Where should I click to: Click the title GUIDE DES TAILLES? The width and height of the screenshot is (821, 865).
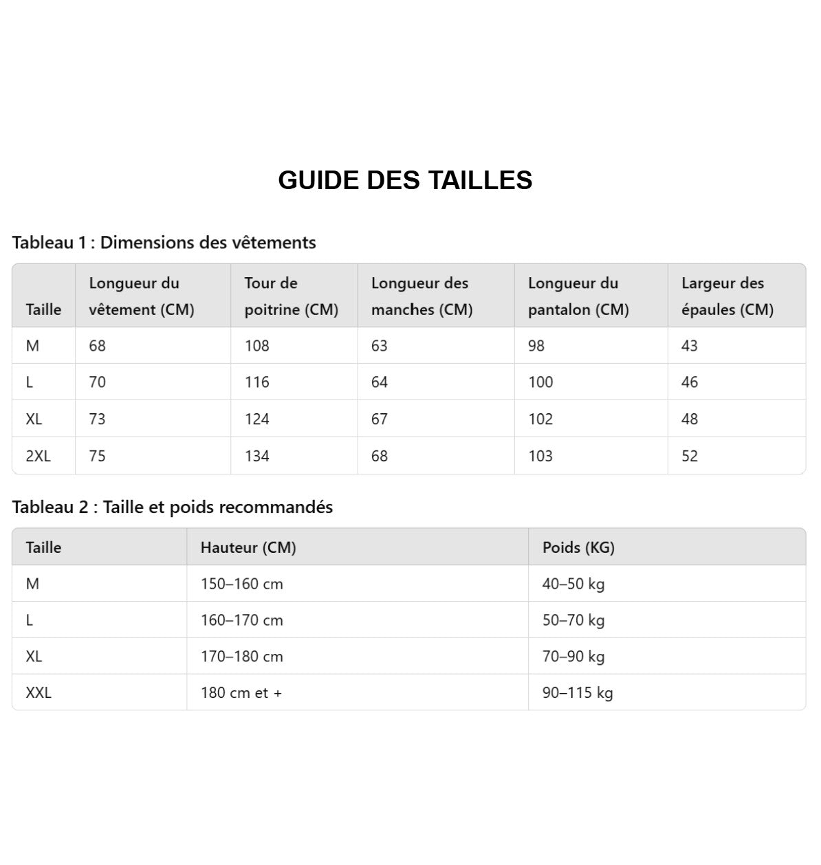[x=405, y=180]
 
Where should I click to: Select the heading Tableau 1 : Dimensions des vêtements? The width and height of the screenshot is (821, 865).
[x=164, y=243]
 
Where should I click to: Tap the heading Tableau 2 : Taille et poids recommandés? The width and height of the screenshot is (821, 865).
[x=172, y=507]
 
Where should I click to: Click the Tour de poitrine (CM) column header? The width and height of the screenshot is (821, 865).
[x=292, y=296]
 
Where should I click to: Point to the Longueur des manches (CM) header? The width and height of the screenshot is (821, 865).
[x=422, y=296]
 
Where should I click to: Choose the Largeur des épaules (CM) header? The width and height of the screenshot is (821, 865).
[x=727, y=296]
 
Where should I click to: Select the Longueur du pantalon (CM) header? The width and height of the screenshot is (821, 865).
[x=578, y=296]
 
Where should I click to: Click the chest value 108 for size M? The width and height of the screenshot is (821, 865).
[x=257, y=346]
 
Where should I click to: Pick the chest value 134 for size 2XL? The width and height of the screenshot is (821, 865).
[x=257, y=456]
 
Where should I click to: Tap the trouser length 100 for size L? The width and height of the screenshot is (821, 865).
[x=540, y=382]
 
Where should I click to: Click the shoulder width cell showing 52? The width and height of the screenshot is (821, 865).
[x=690, y=456]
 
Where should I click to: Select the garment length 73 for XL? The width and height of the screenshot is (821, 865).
[x=98, y=419]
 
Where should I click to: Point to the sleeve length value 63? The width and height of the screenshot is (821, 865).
[x=380, y=346]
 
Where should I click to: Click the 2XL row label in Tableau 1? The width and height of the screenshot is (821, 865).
[x=39, y=456]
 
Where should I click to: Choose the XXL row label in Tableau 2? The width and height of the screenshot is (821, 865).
[x=39, y=692]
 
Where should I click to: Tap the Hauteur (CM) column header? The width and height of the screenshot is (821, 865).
[x=248, y=547]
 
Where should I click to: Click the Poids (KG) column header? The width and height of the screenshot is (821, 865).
[x=578, y=547]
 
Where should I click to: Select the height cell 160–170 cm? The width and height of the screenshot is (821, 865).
[x=242, y=620]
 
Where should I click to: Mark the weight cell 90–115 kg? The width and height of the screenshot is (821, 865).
[x=578, y=692]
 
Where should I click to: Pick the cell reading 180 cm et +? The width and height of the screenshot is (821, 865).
[x=241, y=692]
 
